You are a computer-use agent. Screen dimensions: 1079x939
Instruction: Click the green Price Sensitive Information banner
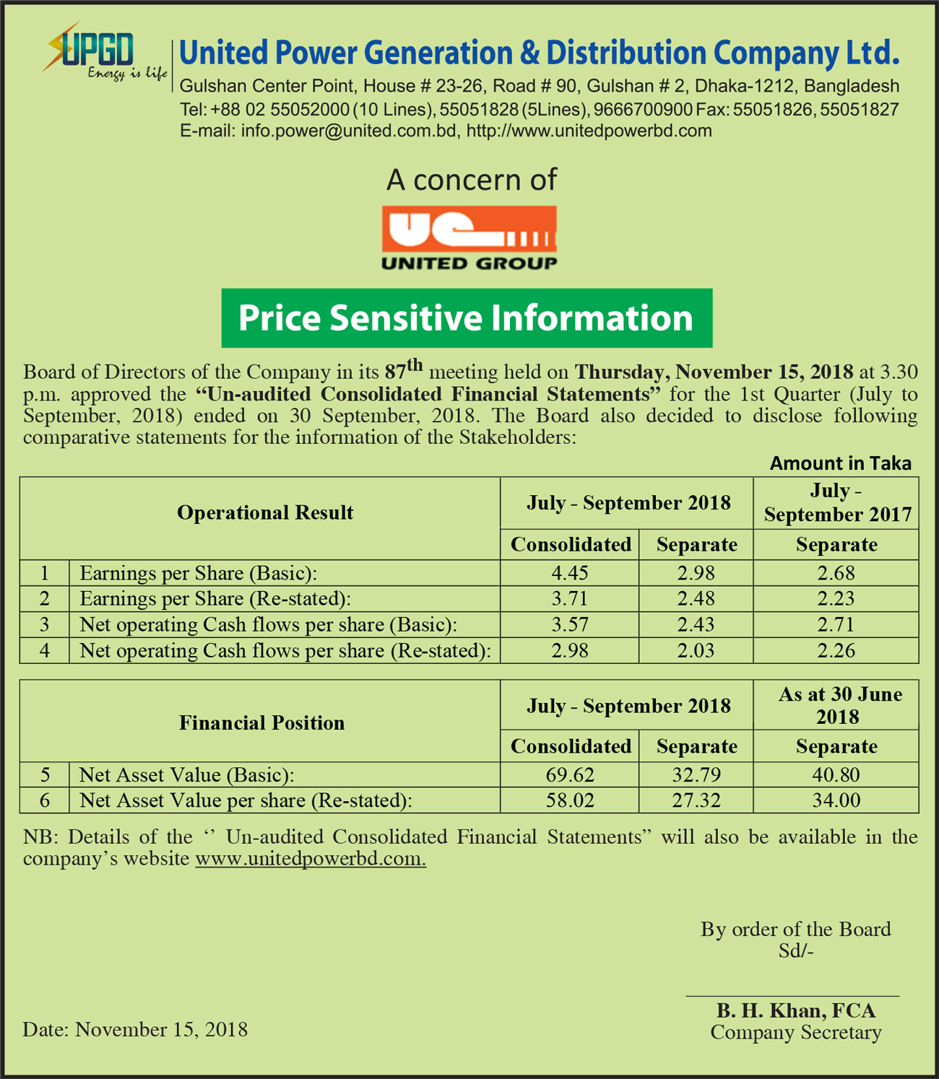pyautogui.click(x=467, y=318)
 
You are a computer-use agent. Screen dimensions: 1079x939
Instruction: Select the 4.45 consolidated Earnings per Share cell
pyautogui.click(x=570, y=573)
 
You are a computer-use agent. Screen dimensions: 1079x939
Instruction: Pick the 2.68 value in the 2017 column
pyautogui.click(x=836, y=573)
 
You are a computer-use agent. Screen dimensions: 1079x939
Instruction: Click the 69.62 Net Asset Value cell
pyautogui.click(x=570, y=775)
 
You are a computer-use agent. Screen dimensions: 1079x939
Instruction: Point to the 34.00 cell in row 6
pyautogui.click(x=836, y=800)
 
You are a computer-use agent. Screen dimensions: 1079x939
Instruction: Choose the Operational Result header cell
pyautogui.click(x=265, y=512)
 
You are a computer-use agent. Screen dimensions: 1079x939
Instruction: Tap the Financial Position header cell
pyautogui.click(x=261, y=723)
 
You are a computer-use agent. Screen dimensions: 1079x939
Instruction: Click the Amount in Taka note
pyautogui.click(x=840, y=463)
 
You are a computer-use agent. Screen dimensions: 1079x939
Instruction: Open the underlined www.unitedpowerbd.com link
pyautogui.click(x=311, y=859)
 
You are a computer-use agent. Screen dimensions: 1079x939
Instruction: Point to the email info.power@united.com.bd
pyautogui.click(x=349, y=131)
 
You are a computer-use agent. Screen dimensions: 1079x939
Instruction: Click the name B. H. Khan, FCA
pyautogui.click(x=795, y=1010)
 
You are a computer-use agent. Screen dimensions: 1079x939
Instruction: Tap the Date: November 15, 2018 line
pyautogui.click(x=135, y=1029)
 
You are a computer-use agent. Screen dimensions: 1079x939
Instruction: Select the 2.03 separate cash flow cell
pyautogui.click(x=696, y=651)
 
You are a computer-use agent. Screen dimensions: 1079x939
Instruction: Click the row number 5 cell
pyautogui.click(x=45, y=775)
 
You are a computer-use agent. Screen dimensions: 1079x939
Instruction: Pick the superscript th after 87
pyautogui.click(x=414, y=364)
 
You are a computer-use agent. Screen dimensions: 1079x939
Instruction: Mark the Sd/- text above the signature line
pyautogui.click(x=795, y=951)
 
